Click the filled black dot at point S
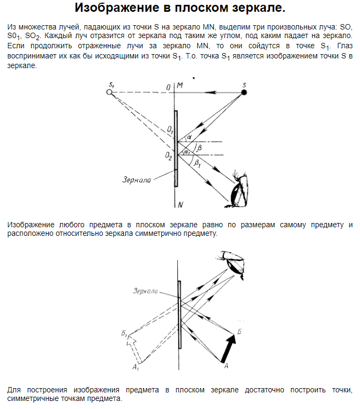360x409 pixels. (x=244, y=92)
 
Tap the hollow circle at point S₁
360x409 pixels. (x=109, y=92)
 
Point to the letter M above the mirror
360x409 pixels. (x=180, y=86)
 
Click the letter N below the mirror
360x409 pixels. (x=181, y=204)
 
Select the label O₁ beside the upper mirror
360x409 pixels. (x=169, y=130)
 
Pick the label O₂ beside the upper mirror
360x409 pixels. (x=169, y=157)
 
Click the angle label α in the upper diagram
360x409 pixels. (x=189, y=138)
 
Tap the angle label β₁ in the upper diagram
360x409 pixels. (x=197, y=163)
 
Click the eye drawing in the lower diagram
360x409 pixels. (x=236, y=263)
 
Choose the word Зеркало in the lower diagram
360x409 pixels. (x=146, y=291)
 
